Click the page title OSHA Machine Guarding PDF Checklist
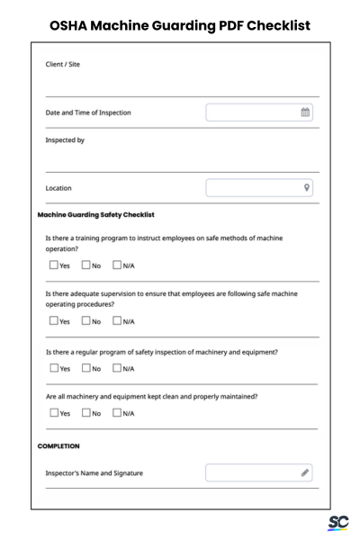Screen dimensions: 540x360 tap(180, 24)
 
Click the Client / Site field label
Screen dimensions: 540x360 tap(67, 65)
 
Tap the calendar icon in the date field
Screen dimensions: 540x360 tap(305, 112)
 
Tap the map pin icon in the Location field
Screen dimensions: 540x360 tap(307, 188)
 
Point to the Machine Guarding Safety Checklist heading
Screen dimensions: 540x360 tap(96, 215)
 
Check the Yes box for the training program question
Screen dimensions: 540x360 tap(52, 265)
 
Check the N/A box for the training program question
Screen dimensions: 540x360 tap(117, 265)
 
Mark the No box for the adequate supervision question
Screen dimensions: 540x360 tap(85, 320)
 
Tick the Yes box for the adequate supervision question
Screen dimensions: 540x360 tap(52, 320)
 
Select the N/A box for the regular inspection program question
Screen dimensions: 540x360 tap(117, 368)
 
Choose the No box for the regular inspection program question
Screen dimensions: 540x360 tap(85, 368)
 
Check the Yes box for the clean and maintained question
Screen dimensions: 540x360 tap(52, 413)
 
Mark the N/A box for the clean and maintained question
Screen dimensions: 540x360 tap(117, 413)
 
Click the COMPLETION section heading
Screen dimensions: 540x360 tap(59, 445)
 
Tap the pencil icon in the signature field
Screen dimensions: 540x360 tap(305, 472)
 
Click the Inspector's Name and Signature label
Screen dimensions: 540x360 tap(94, 472)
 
